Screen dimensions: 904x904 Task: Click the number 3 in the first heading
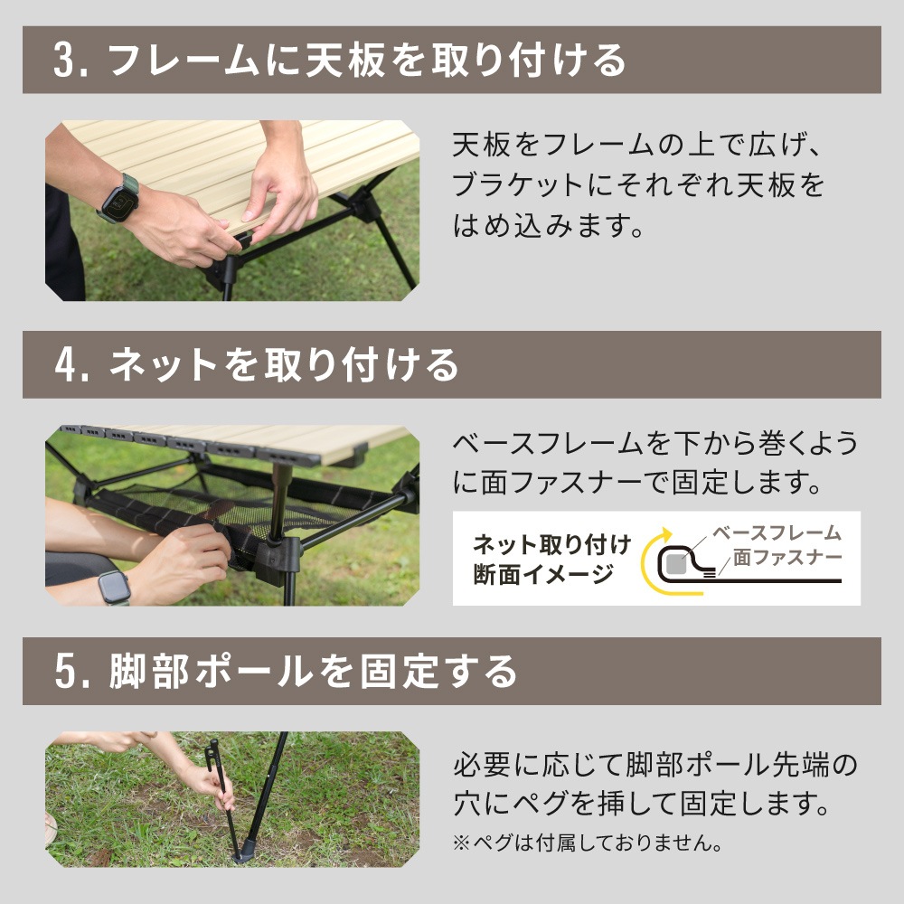point(66,61)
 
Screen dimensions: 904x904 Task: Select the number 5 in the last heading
point(66,672)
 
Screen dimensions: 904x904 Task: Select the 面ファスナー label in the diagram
point(786,558)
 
